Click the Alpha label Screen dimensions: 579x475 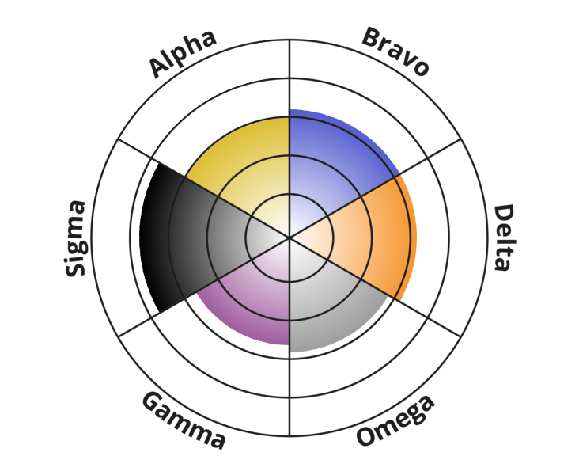[x=182, y=54]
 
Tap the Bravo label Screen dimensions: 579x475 [x=395, y=51]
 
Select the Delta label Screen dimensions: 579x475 [x=504, y=237]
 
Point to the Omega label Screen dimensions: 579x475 [x=395, y=420]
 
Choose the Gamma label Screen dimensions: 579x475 [x=184, y=420]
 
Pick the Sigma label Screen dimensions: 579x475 [x=75, y=238]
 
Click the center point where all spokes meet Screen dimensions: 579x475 [x=289, y=237]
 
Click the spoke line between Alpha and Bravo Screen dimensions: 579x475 [x=289, y=139]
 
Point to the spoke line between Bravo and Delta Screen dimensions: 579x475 [x=375, y=188]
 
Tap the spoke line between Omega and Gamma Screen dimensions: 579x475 [x=289, y=336]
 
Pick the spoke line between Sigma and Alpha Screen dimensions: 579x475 [x=204, y=188]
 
